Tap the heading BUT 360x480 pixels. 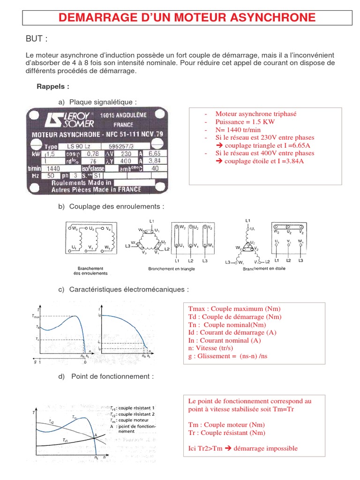tap(37, 38)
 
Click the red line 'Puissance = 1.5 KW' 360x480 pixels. tap(245, 121)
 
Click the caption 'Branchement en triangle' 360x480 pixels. tap(172, 269)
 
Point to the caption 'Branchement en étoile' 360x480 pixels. tap(263, 269)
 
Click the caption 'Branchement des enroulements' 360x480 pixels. tap(90, 271)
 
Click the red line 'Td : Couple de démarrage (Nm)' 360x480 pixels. tap(235, 317)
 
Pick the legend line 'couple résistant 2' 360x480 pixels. tap(136, 414)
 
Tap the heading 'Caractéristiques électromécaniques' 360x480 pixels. tap(128, 290)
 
